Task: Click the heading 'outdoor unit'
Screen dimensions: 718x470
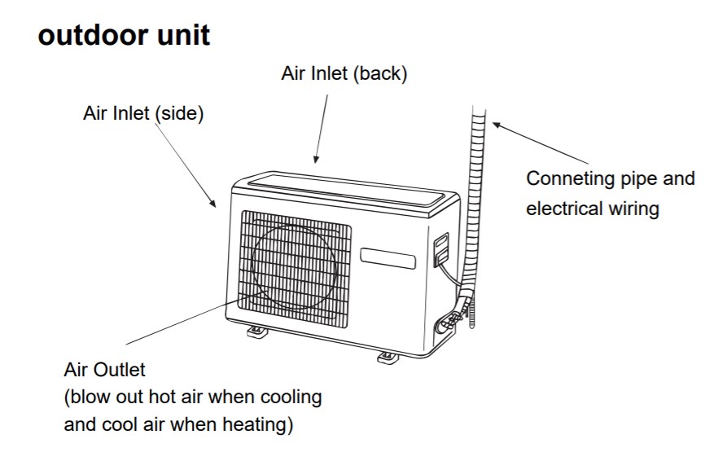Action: coord(124,35)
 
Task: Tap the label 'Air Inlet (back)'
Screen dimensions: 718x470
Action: coord(344,73)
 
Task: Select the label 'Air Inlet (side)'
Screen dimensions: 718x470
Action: coord(143,113)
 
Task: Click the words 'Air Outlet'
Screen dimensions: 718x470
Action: coord(104,370)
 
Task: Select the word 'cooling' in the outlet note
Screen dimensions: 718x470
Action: coord(291,398)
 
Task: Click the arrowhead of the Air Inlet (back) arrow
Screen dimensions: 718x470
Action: coord(316,159)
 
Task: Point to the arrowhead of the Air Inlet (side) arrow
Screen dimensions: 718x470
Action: coord(212,204)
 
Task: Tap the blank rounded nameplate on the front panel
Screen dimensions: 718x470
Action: coord(387,258)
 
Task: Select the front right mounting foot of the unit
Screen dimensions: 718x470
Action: coord(387,358)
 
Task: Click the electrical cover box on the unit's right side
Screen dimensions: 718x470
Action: coord(441,248)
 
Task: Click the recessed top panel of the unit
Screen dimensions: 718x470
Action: coord(347,192)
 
